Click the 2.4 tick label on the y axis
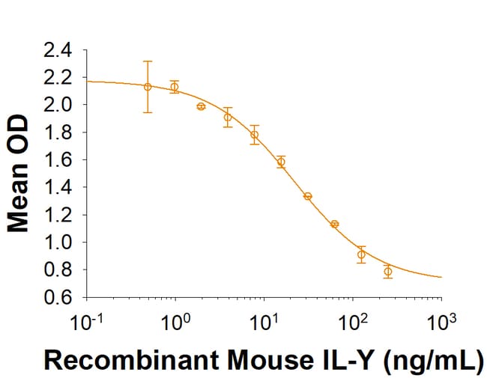(x=60, y=51)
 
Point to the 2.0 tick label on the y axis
(x=60, y=106)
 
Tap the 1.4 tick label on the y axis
(x=60, y=188)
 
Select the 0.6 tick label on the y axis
(x=60, y=298)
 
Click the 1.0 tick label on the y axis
(x=60, y=243)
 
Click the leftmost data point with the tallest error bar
(x=148, y=87)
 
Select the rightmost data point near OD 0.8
(x=387, y=271)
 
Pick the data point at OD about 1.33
(x=307, y=196)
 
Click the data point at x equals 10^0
(x=175, y=87)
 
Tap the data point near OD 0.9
(x=361, y=254)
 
